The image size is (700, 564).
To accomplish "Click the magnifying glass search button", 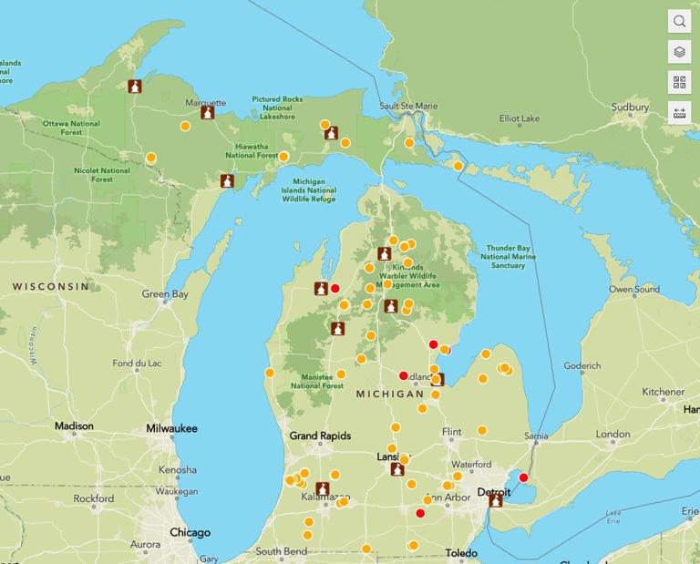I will [x=679, y=21].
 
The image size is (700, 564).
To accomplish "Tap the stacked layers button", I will [x=679, y=52].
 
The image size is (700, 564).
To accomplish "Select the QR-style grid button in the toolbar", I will [x=679, y=83].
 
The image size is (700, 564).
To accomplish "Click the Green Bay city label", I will [x=165, y=294].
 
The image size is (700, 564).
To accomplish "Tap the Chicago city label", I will [x=190, y=532].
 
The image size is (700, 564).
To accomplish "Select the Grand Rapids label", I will [x=320, y=436].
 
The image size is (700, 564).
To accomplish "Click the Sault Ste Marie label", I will [x=408, y=107].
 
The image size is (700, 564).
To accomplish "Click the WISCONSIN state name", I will [x=51, y=286].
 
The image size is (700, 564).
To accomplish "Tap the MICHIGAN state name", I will [x=390, y=394].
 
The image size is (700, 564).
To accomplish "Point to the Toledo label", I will [x=461, y=553].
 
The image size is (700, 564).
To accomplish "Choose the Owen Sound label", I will [x=634, y=290].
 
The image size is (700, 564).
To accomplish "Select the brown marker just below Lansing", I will [x=397, y=470].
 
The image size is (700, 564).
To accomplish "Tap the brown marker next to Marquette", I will [x=208, y=113].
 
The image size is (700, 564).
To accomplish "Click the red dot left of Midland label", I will [x=404, y=375].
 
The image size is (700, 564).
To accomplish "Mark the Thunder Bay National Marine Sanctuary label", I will [x=511, y=256].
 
